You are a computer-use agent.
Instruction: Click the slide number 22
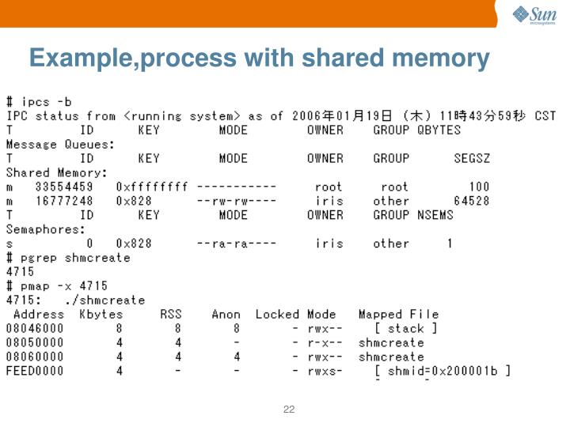pyautogui.click(x=289, y=409)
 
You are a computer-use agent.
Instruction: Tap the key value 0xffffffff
pyautogui.click(x=152, y=187)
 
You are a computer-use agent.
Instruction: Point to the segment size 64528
pyautogui.click(x=471, y=201)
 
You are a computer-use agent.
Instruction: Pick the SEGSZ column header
pyautogui.click(x=472, y=158)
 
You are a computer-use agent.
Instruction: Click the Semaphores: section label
pyautogui.click(x=46, y=229)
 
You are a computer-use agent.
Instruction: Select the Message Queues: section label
pyautogui.click(x=60, y=144)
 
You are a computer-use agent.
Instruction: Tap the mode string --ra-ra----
pyautogui.click(x=237, y=244)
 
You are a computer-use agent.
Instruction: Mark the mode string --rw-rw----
pyautogui.click(x=237, y=201)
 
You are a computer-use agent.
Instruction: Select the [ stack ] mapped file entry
pyautogui.click(x=405, y=328)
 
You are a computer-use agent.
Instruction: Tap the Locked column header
pyautogui.click(x=277, y=315)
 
